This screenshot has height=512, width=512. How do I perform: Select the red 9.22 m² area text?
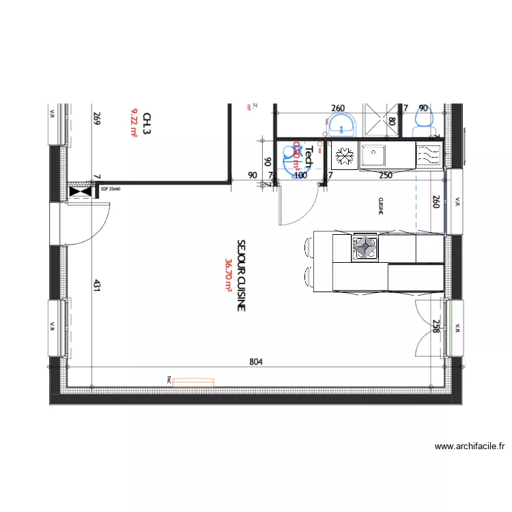click(134, 125)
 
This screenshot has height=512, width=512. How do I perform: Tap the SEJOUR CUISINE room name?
click(240, 275)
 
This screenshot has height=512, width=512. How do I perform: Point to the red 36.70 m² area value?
click(227, 275)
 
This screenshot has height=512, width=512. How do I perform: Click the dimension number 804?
click(256, 362)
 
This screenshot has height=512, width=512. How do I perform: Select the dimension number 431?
click(97, 288)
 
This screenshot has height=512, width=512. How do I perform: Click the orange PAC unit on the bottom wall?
click(194, 383)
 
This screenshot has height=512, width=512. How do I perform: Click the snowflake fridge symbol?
click(344, 156)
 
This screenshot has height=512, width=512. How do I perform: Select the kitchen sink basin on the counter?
click(373, 156)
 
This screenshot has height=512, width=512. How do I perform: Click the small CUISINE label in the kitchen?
click(380, 206)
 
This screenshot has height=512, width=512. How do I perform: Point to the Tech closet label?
click(308, 157)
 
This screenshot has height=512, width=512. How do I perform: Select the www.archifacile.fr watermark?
click(470, 446)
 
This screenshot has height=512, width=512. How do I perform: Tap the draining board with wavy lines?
click(429, 156)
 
